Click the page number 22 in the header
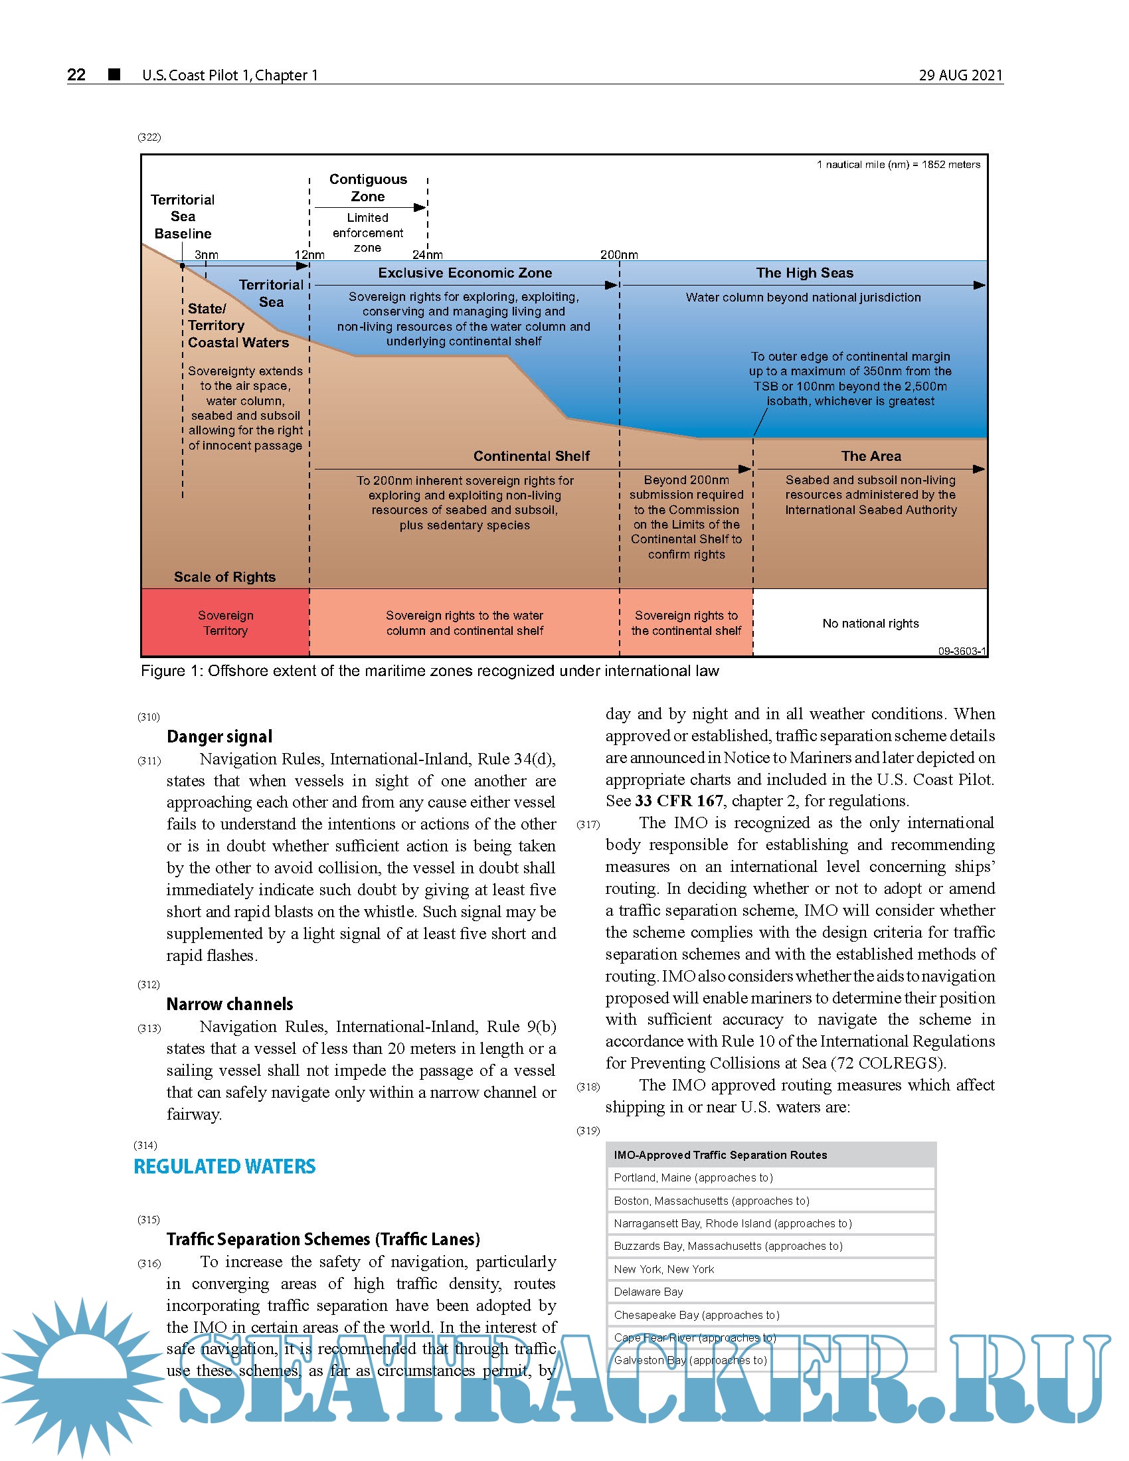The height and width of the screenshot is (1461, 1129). coord(76,74)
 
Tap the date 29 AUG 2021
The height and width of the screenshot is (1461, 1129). coord(960,75)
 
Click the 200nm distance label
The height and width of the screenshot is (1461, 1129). coord(619,255)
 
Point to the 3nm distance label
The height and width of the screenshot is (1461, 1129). coord(206,255)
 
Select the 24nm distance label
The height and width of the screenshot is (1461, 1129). coord(428,255)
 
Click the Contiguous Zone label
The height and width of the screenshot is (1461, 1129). coord(368,188)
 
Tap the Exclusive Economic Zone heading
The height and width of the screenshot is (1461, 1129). coord(465,273)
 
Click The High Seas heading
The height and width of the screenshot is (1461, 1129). coord(805,273)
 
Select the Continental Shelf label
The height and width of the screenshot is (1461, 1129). coord(531,456)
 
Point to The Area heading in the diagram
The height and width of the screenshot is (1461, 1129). coord(871,456)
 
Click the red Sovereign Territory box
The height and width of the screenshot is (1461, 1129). coord(225,623)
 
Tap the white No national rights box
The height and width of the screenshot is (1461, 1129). coord(870,624)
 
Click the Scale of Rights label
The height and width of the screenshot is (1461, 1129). coord(224,576)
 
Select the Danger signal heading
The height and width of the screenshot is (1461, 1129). coord(219,736)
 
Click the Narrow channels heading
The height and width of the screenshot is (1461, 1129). coord(229,1004)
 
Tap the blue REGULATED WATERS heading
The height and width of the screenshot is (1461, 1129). coord(224,1167)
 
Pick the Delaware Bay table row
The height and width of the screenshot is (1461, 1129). coord(770,1292)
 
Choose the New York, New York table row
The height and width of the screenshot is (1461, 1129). coord(770,1269)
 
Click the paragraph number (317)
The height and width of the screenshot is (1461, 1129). coord(588,825)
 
